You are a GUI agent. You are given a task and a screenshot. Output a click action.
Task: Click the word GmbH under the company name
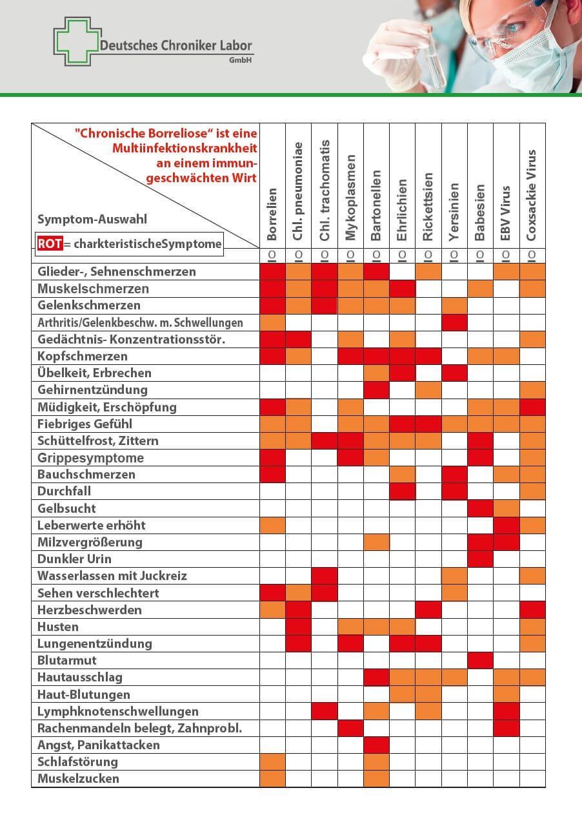click(241, 60)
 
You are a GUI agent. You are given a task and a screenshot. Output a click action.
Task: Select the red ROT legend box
click(50, 243)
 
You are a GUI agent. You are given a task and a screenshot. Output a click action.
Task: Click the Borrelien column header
click(272, 214)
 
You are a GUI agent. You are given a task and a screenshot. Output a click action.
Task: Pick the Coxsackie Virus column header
click(532, 195)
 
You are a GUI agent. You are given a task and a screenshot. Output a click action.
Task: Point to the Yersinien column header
click(454, 212)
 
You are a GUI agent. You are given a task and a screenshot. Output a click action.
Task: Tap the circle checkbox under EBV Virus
click(506, 256)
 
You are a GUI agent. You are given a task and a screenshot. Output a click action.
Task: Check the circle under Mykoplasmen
click(350, 256)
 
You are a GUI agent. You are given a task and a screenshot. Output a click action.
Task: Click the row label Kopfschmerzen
click(83, 356)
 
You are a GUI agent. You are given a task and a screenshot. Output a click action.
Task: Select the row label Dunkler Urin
click(75, 559)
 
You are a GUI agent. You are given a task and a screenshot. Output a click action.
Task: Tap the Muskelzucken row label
click(79, 778)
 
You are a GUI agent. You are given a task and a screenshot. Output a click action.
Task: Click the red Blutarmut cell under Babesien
click(480, 660)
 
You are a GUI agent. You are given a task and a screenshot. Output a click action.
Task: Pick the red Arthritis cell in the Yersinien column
click(454, 322)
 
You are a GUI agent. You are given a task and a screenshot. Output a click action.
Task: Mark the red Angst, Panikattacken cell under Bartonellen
click(376, 745)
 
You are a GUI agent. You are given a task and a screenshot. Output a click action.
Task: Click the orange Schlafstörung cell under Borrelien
click(272, 762)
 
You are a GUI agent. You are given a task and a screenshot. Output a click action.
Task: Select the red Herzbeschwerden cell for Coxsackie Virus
click(532, 610)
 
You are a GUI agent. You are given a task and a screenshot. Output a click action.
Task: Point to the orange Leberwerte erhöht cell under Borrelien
click(272, 525)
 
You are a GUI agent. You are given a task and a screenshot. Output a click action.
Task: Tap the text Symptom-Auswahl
click(92, 220)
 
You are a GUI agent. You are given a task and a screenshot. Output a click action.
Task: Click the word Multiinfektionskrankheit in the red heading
click(185, 148)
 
